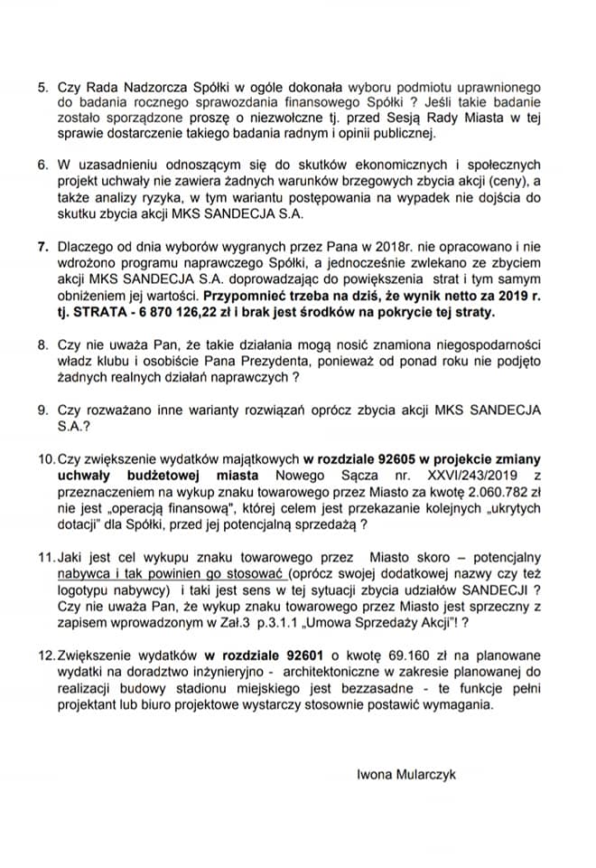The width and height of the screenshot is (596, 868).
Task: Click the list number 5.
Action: pyautogui.click(x=42, y=88)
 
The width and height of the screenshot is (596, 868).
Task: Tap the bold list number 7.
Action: pyautogui.click(x=42, y=246)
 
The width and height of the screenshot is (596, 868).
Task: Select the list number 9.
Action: pyautogui.click(x=42, y=409)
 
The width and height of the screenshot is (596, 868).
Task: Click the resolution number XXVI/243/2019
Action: pyautogui.click(x=435, y=476)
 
